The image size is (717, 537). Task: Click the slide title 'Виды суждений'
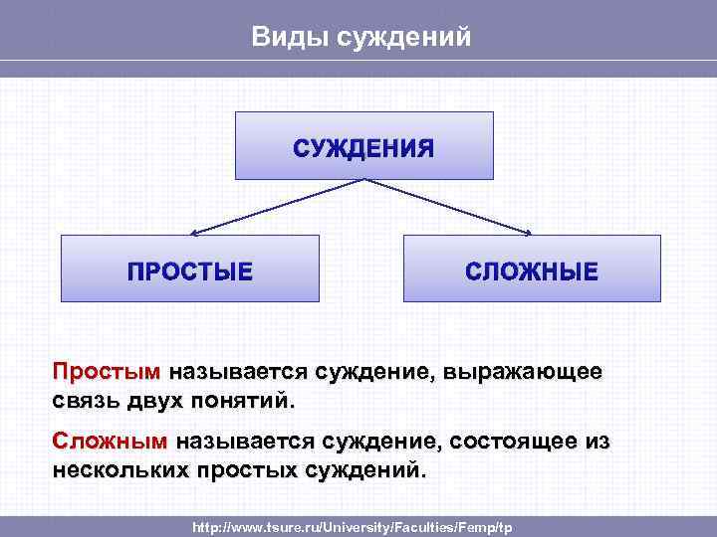tap(359, 37)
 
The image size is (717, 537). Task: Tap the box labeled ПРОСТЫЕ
tap(190, 269)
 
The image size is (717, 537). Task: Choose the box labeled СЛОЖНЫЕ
tap(532, 269)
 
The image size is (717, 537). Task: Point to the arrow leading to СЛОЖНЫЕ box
tap(448, 207)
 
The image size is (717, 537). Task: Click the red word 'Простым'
tap(107, 373)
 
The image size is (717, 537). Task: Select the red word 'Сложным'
tap(111, 441)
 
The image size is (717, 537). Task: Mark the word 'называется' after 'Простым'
tap(238, 373)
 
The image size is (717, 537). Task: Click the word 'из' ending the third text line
tap(597, 441)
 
